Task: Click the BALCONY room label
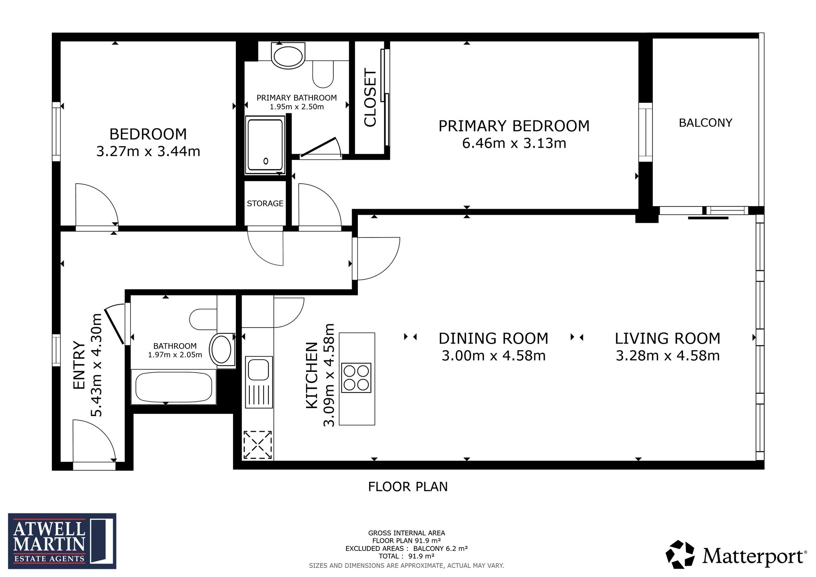(x=705, y=123)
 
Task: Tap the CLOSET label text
(x=370, y=98)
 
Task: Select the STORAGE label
(x=265, y=203)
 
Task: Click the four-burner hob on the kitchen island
(x=356, y=378)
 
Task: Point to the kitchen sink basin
(x=259, y=370)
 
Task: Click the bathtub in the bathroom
(x=174, y=387)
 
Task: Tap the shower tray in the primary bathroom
(x=265, y=145)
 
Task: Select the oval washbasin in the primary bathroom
(x=288, y=57)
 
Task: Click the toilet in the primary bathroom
(x=323, y=74)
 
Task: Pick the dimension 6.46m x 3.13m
(x=514, y=143)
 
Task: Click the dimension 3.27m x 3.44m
(x=148, y=151)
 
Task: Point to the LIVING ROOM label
(x=667, y=338)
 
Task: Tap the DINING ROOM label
(x=493, y=338)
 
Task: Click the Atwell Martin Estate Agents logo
(x=62, y=541)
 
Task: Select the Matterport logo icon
(x=680, y=555)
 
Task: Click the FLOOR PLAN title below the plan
(x=408, y=486)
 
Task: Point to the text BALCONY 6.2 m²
(x=440, y=548)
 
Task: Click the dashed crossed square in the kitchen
(x=258, y=445)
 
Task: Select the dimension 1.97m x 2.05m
(x=175, y=355)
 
